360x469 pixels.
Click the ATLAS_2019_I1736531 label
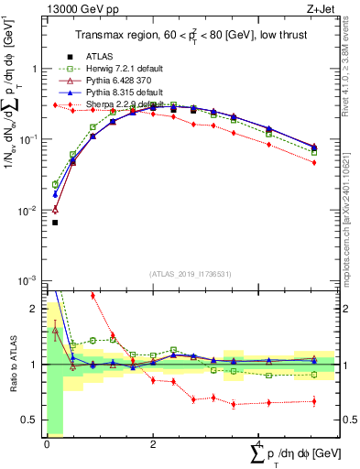pos(189,272)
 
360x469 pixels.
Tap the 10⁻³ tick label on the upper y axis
pos(27,280)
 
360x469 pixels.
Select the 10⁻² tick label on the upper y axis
pos(27,210)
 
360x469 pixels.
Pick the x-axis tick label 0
pos(47,443)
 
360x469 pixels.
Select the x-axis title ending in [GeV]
pos(293,453)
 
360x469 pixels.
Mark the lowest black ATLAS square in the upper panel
pos(55,223)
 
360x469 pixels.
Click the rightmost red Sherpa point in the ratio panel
pos(314,401)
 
